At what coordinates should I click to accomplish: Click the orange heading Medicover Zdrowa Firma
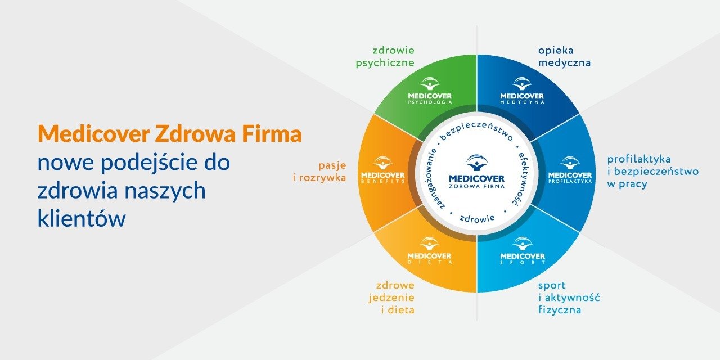pos(169,134)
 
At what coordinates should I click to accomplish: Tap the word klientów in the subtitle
pos(81,219)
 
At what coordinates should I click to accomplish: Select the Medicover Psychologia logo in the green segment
pos(430,91)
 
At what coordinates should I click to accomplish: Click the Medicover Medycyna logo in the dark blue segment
pos(522,91)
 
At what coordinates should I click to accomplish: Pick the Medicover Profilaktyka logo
pos(570,170)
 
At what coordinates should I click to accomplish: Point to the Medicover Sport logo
pos(522,251)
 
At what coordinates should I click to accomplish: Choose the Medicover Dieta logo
pos(430,251)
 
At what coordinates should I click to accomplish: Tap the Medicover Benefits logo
pos(383,170)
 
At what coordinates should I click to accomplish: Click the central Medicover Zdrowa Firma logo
pos(476,172)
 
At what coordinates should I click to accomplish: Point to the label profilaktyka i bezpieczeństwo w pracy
pos(652,171)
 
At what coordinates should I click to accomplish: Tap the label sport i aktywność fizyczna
pos(568,297)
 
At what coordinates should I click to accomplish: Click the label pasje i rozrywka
pos(332,172)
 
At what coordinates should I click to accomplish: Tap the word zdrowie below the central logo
pos(476,218)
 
